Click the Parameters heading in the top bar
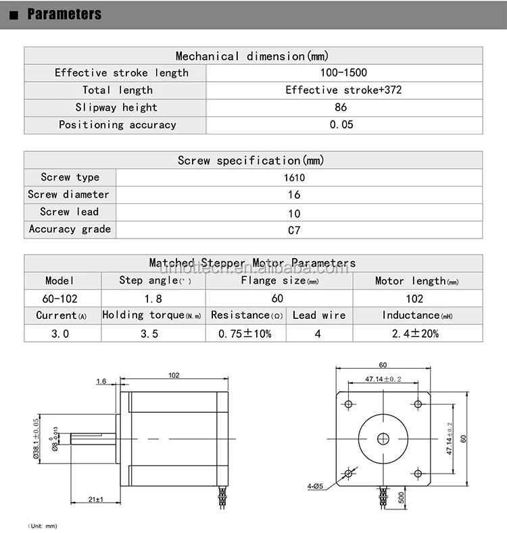coord(64,14)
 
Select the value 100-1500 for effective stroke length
coord(345,73)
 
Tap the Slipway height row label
coord(116,107)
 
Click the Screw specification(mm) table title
coord(251,160)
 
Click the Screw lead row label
coord(69,212)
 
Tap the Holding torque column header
coord(152,315)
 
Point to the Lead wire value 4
coord(318,333)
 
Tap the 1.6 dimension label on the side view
coord(101,382)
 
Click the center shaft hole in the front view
coord(383,438)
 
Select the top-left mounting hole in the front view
coord(349,404)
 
